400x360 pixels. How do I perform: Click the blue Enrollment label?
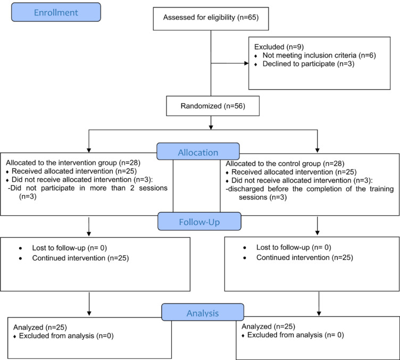point(56,12)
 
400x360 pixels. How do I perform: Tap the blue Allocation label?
point(198,152)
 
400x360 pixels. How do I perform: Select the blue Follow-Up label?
point(199,221)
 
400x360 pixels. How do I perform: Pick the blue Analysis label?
point(203,312)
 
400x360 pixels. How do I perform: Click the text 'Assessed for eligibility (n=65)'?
point(211,18)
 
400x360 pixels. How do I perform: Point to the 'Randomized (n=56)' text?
point(213,106)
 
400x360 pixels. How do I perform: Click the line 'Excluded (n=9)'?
point(279,47)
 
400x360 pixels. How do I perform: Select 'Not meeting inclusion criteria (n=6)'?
point(319,55)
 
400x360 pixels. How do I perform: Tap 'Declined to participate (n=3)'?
point(309,64)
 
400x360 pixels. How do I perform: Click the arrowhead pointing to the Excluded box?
point(246,63)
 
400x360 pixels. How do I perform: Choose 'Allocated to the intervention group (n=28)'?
point(73,163)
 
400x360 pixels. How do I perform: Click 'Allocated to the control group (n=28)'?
point(285,163)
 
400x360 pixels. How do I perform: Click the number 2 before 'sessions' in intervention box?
point(132,188)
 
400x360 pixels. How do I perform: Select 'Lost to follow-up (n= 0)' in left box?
point(69,248)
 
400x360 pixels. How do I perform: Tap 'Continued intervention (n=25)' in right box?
point(305,257)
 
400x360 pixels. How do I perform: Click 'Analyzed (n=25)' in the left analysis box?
point(40,327)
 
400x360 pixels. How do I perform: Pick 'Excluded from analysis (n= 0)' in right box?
point(296,335)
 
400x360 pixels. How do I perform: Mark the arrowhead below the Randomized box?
point(211,127)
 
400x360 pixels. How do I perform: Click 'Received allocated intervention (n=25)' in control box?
point(294,172)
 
